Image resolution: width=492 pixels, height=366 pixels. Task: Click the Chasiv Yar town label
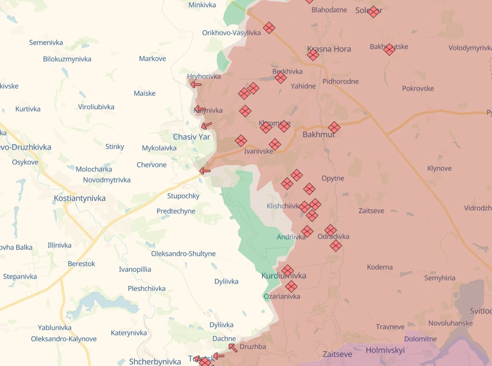click(x=192, y=137)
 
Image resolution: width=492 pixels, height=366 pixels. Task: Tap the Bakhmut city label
click(x=319, y=134)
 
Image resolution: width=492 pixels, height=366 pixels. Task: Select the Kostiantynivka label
click(x=80, y=198)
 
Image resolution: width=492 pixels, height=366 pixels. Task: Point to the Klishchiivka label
click(x=283, y=206)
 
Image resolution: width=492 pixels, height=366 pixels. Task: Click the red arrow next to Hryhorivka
click(x=196, y=84)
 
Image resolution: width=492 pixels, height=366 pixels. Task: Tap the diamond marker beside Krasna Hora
click(x=313, y=55)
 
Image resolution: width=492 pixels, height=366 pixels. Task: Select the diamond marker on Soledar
click(x=373, y=11)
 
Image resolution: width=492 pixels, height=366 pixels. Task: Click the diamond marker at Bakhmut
click(x=334, y=127)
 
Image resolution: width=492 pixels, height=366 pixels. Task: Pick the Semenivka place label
click(x=46, y=42)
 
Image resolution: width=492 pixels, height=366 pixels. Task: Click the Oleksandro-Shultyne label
click(x=183, y=254)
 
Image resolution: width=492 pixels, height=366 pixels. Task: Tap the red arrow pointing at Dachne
click(x=233, y=348)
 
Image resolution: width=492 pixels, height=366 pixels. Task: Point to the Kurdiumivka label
click(x=284, y=276)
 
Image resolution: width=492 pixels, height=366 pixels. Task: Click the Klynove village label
click(x=439, y=168)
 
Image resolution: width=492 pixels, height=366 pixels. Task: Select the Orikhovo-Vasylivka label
click(x=231, y=33)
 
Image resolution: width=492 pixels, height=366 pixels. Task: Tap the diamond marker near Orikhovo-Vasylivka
click(x=269, y=28)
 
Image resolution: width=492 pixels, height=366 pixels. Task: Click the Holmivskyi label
click(x=385, y=350)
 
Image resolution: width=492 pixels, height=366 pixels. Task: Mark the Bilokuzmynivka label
click(x=67, y=59)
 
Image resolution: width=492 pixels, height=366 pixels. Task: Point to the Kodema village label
click(x=380, y=267)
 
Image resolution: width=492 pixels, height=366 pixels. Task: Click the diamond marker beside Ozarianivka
click(x=291, y=286)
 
